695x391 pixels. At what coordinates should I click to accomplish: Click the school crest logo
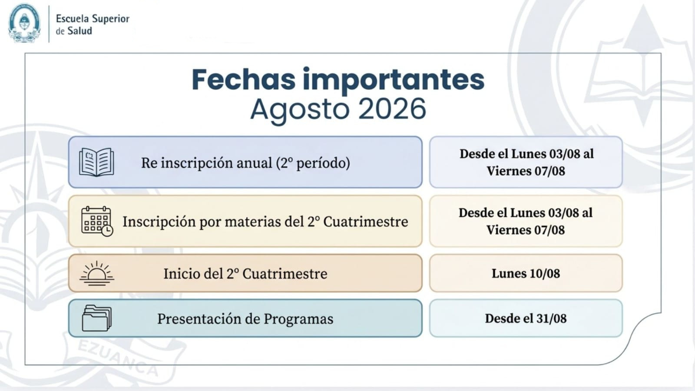pos(24,23)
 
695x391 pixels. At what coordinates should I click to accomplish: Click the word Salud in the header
pos(80,31)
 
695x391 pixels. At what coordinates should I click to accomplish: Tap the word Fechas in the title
pos(243,80)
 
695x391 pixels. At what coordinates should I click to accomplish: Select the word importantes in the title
pos(394,81)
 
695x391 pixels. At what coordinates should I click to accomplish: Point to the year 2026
pos(392,109)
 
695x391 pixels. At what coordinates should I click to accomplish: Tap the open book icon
pos(96,162)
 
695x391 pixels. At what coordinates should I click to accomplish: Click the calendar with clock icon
pos(97,221)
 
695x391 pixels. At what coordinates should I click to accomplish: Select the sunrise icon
pos(97,273)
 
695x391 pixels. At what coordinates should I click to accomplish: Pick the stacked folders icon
pos(96,318)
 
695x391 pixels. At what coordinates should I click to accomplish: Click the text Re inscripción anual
pos(206,163)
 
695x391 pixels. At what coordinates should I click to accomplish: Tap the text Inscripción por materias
pos(202,222)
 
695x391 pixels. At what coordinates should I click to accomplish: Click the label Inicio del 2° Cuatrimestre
pos(245,274)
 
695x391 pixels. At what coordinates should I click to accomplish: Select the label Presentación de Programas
pos(245,319)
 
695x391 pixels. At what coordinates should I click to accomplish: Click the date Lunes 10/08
pos(526,273)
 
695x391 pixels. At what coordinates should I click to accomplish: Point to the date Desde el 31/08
pos(526,318)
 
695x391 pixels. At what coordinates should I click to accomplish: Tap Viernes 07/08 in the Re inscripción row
pos(526,171)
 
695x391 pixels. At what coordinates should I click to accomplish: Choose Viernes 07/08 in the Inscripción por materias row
pos(526,230)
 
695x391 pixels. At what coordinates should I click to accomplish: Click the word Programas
pos(298,319)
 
